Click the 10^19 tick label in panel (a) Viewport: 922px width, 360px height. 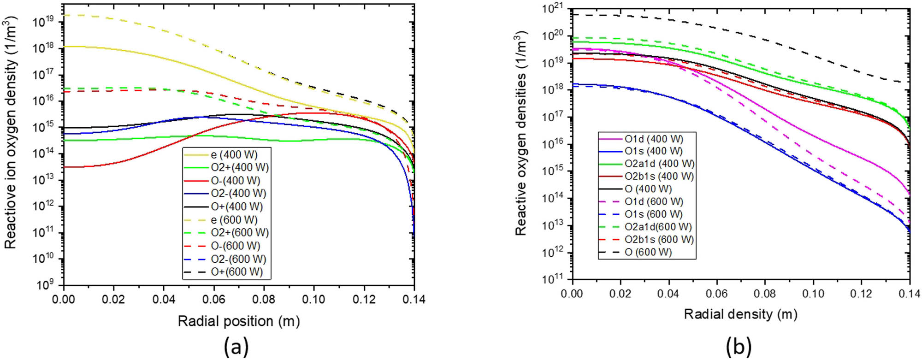[44, 22]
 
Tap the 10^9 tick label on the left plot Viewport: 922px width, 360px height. [46, 284]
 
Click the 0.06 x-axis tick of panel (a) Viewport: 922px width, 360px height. [214, 300]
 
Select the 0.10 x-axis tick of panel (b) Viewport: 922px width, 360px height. [813, 294]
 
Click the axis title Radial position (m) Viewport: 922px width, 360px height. [239, 321]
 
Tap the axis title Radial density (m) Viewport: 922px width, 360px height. [740, 314]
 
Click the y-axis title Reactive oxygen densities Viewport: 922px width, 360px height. [520, 134]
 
